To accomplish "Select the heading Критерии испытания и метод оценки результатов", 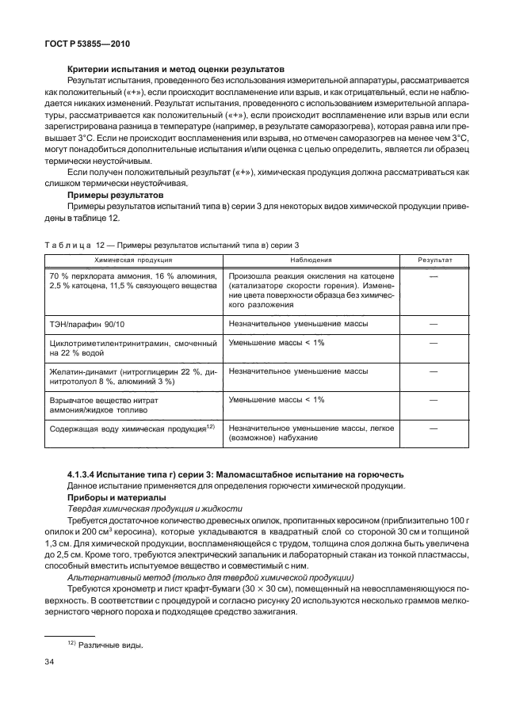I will (x=176, y=70).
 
